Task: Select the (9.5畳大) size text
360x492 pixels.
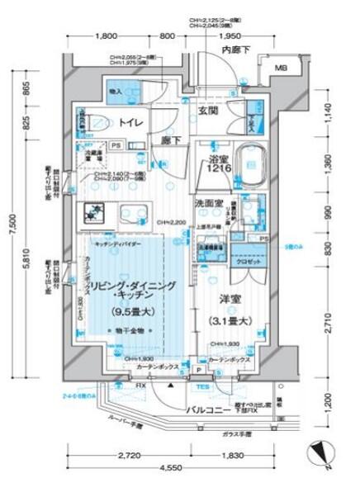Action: pos(130,312)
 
